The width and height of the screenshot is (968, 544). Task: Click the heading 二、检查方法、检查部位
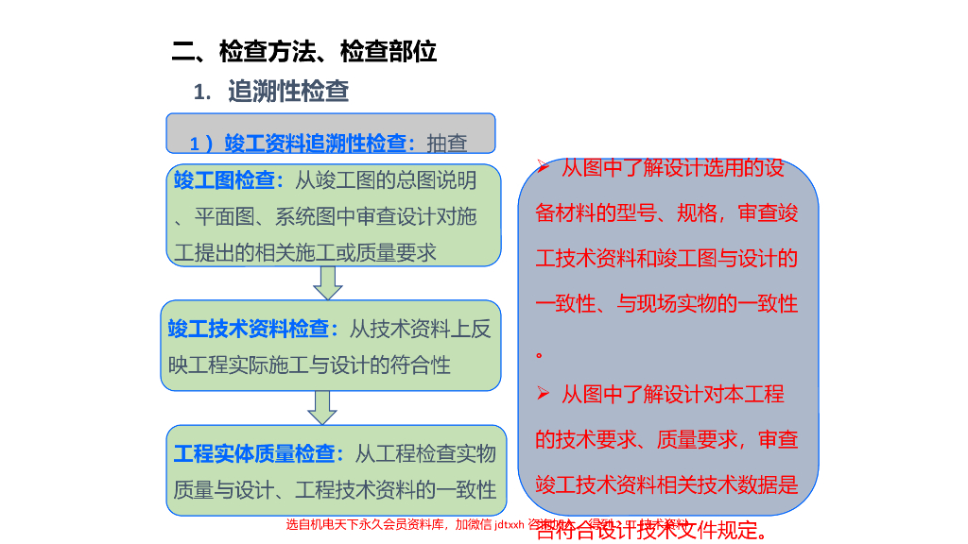pyautogui.click(x=304, y=52)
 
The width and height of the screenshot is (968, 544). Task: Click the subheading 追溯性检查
pyautogui.click(x=288, y=92)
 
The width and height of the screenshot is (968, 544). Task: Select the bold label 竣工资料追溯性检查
pyautogui.click(x=320, y=144)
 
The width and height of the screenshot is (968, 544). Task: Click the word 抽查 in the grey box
pyautogui.click(x=447, y=144)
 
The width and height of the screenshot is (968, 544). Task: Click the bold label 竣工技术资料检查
pyautogui.click(x=253, y=329)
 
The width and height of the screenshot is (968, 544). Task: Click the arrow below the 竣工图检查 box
pyautogui.click(x=328, y=280)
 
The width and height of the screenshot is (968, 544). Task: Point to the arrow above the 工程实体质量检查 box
pyautogui.click(x=322, y=407)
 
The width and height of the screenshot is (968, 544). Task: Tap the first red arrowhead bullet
pyautogui.click(x=543, y=169)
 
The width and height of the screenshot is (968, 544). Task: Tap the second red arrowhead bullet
pyautogui.click(x=543, y=393)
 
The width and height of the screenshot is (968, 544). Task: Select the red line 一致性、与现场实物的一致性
pyautogui.click(x=666, y=304)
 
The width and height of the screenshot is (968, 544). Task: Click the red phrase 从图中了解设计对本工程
pyautogui.click(x=673, y=394)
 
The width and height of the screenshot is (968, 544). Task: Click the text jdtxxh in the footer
pyautogui.click(x=510, y=525)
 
